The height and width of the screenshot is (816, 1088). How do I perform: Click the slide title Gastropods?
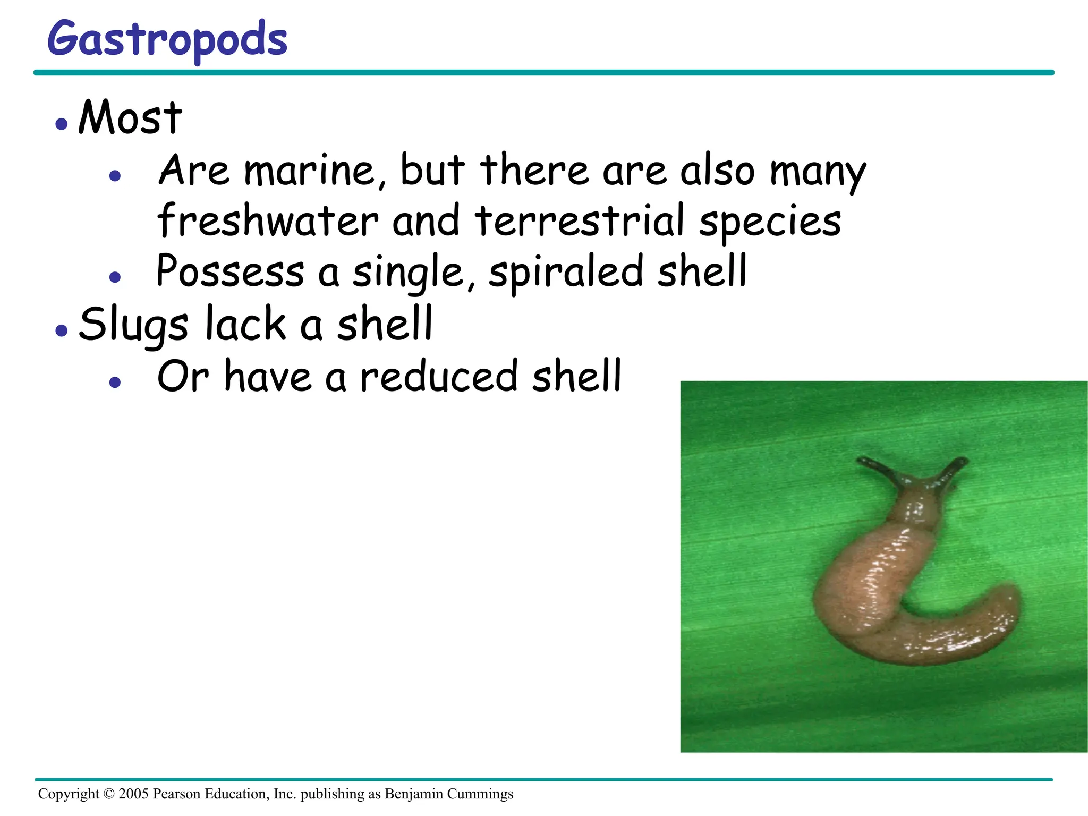[x=167, y=40]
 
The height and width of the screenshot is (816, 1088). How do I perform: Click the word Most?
[x=130, y=117]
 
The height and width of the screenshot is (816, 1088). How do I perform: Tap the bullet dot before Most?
[x=62, y=124]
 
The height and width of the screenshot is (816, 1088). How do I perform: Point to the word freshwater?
[x=268, y=221]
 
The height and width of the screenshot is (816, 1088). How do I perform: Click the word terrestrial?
[x=580, y=221]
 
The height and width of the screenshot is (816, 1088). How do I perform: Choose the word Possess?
[x=230, y=272]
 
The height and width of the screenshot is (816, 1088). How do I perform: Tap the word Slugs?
[x=133, y=325]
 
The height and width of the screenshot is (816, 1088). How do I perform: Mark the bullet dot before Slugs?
[x=62, y=330]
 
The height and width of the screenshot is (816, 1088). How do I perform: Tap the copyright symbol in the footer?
[x=109, y=794]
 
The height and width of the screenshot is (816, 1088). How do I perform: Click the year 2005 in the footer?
[x=133, y=794]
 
